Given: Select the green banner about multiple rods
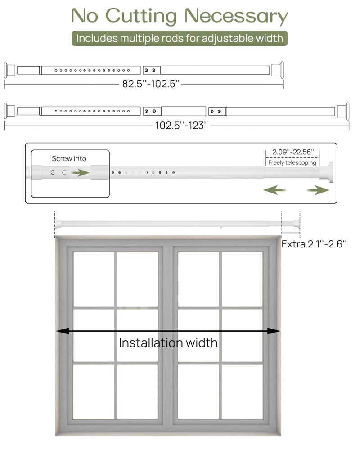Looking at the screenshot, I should point(180,38).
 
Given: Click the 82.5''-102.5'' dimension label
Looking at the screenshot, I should point(151,84).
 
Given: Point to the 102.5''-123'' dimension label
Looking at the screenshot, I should point(182,126).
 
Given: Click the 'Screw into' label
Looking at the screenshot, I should point(69,158).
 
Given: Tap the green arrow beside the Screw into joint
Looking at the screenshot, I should point(80,172).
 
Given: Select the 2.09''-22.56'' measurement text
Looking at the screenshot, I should point(293,153).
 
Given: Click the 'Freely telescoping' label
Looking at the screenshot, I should point(292,163).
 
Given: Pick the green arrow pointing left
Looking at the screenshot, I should point(274,190).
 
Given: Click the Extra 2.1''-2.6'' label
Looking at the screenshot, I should point(315,244).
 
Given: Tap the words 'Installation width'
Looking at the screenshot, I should point(168,343).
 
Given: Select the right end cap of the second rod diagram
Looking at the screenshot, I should point(345,111).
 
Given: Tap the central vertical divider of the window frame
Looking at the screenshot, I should point(168,333).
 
